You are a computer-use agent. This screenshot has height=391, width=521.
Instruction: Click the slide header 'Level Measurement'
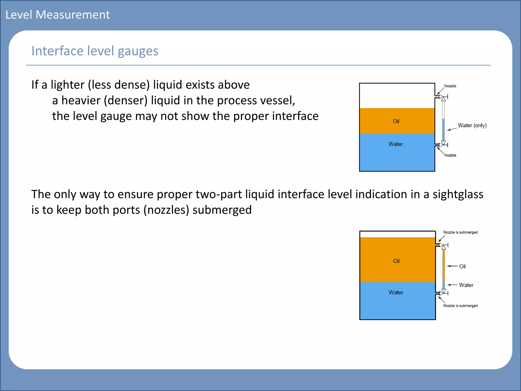57,15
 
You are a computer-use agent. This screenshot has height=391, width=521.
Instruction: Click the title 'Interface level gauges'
95,51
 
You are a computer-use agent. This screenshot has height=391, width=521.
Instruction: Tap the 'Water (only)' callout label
472,125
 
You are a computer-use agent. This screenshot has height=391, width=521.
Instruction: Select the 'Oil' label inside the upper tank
396,121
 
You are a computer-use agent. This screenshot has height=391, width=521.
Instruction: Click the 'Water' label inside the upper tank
396,144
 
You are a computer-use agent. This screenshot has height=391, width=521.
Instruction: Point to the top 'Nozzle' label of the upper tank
450,86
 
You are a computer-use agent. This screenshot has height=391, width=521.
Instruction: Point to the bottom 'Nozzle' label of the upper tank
450,155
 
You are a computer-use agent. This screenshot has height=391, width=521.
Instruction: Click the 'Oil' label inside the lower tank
396,261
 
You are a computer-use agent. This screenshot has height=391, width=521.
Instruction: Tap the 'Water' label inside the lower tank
396,292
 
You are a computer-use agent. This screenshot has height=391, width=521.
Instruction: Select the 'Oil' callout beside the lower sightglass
462,266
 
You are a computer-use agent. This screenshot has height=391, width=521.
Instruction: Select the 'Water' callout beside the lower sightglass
466,285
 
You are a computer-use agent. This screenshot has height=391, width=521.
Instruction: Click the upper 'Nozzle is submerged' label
460,232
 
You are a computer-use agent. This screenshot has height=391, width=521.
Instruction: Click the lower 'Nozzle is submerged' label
460,305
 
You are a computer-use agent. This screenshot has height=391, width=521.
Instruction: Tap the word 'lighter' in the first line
67,85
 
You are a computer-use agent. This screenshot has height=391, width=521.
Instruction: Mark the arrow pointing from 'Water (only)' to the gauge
452,129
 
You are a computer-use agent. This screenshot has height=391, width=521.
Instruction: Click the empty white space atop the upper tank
397,95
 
